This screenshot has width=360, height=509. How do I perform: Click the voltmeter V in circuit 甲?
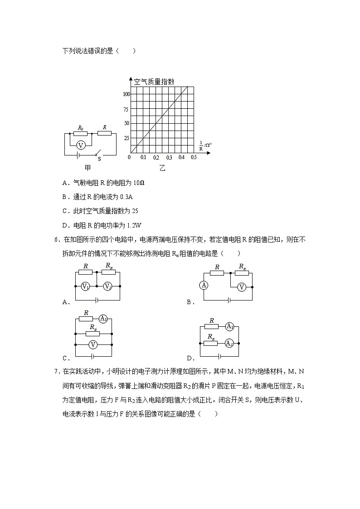tap(81, 145)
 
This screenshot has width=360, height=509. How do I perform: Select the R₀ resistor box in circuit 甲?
tap(81, 134)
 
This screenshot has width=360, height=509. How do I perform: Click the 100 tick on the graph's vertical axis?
tap(126, 94)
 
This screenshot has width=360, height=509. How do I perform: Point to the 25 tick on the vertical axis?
tap(126, 138)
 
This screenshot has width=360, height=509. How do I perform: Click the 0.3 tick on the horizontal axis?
tap(169, 157)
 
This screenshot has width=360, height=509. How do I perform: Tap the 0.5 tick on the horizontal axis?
tap(194, 157)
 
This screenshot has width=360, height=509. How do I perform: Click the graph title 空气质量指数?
tap(154, 82)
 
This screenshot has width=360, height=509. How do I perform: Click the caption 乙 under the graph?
tap(162, 168)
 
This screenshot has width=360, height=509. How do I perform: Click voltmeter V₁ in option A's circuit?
tap(85, 286)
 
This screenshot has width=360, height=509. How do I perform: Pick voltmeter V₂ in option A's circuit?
tap(108, 286)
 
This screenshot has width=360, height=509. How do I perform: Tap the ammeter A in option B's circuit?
tap(204, 285)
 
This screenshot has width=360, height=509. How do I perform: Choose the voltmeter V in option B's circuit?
tap(242, 286)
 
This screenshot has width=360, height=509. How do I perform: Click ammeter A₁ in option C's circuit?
tap(103, 319)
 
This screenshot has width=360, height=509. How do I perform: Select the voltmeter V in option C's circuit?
tap(93, 345)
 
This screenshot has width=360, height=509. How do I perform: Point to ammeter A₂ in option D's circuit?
tap(229, 343)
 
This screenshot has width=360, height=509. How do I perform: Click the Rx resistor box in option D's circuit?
tap(211, 343)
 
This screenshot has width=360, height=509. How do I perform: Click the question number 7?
tap(56, 372)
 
